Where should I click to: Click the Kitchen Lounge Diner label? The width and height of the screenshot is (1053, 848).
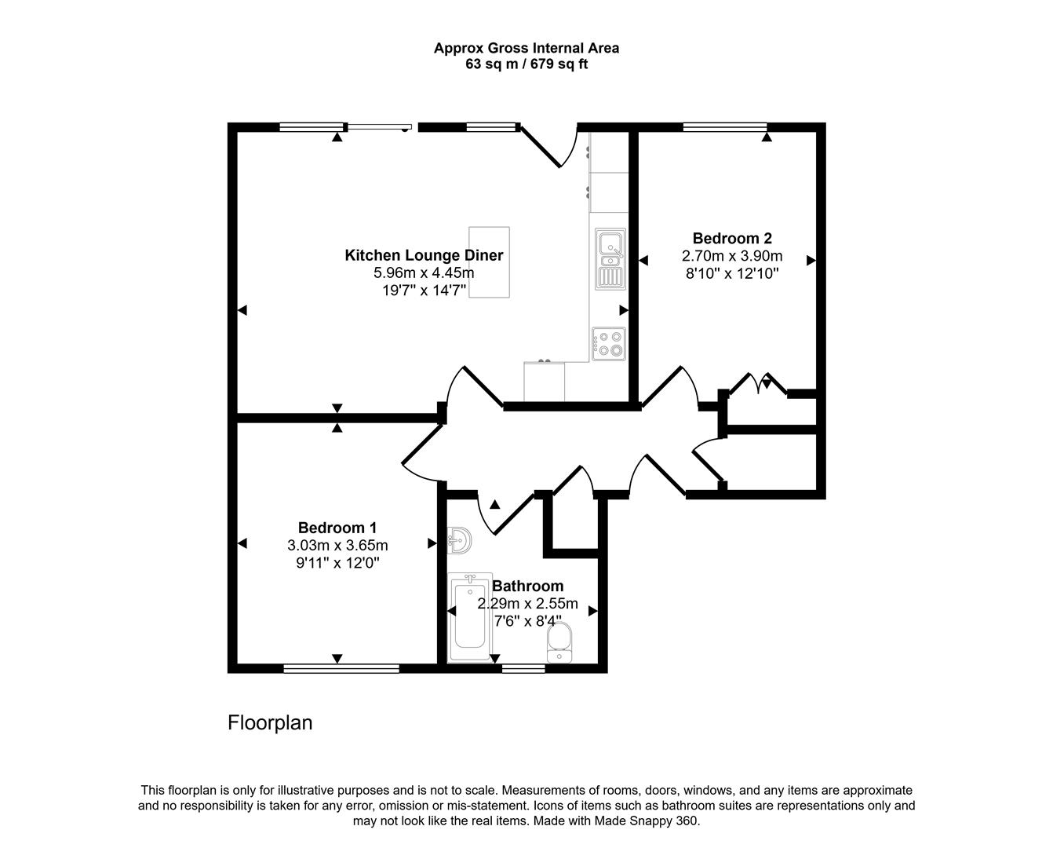point(424,255)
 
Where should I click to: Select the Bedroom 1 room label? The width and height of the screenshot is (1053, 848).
point(337,528)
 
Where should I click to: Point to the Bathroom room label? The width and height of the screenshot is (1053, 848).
point(527,586)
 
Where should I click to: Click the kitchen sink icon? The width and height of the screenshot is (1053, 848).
point(610,257)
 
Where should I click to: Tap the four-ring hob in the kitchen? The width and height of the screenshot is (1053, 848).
point(609,343)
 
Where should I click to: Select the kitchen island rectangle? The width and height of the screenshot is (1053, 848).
point(489,262)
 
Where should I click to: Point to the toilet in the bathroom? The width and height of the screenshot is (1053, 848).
point(559,643)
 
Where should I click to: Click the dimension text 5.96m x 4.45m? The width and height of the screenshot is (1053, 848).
point(424,273)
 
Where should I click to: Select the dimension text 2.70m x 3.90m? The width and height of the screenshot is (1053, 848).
point(731,257)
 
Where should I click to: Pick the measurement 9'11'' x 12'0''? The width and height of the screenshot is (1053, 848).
point(337,563)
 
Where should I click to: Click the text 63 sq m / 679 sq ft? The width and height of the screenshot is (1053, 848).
point(526,64)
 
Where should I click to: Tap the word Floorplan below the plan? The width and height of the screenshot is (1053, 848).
point(270,722)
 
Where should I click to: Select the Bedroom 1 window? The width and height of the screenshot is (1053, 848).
point(341,669)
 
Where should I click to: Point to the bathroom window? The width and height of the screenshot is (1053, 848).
point(523,669)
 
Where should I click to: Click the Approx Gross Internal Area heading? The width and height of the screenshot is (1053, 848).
point(526,48)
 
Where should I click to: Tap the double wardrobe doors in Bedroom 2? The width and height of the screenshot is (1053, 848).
point(758,385)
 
